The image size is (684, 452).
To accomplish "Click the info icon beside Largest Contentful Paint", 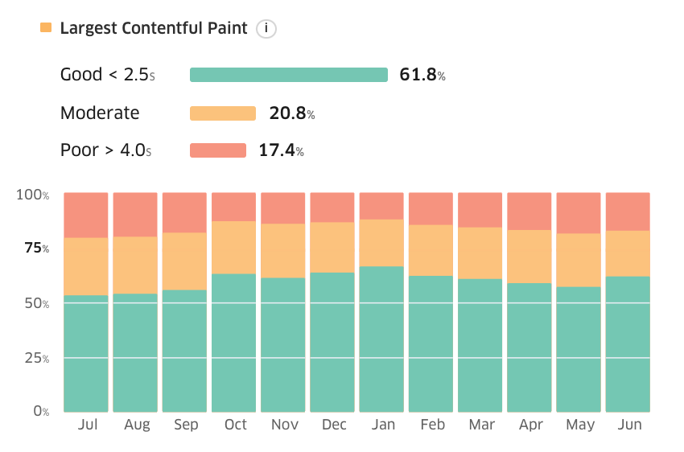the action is (266, 29).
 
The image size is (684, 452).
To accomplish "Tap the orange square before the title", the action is (46, 27).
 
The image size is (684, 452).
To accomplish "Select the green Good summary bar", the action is (289, 75).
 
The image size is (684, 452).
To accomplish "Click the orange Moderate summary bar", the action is (223, 113).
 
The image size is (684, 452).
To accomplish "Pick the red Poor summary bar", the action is (218, 150).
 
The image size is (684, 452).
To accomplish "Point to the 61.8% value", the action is (422, 75).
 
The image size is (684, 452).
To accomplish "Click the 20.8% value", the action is (292, 113).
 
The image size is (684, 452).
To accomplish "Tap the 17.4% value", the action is (282, 150).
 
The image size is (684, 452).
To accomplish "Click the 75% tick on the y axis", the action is (37, 248).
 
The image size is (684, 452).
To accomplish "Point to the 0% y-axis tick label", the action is (41, 411).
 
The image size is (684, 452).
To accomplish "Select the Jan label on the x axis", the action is (383, 425).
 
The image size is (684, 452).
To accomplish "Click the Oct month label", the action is (236, 425).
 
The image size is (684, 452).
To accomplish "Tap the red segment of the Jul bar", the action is (86, 216).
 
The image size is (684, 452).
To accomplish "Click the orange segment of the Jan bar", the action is (381, 243).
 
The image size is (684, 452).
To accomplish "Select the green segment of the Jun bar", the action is (628, 344).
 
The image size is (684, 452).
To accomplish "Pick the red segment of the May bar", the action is (579, 213).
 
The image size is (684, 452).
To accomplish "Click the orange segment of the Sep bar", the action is (184, 261).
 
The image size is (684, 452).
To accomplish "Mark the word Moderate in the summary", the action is (100, 113).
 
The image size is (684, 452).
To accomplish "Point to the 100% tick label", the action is (33, 195).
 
